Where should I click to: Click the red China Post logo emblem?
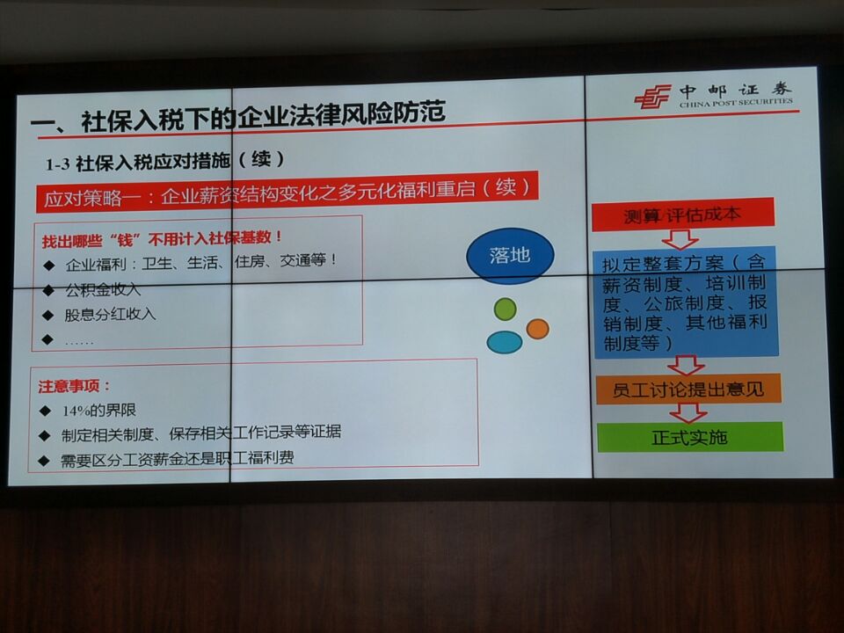(x=652, y=97)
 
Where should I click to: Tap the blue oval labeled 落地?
(x=509, y=256)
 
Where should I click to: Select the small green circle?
(x=505, y=309)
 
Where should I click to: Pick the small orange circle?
(x=537, y=328)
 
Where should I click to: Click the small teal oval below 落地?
(x=505, y=342)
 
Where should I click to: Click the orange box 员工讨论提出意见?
(x=688, y=389)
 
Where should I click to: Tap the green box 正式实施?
(x=690, y=437)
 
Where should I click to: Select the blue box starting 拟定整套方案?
(x=687, y=302)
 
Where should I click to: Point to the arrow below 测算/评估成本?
(x=680, y=239)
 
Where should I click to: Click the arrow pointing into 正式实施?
(x=688, y=413)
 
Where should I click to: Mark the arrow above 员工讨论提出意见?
(x=686, y=365)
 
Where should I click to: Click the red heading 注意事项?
(x=74, y=386)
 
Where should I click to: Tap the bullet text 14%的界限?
(x=99, y=411)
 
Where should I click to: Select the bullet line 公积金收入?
(x=103, y=290)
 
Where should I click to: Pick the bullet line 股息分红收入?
(x=111, y=315)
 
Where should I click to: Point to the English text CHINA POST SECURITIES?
(x=736, y=103)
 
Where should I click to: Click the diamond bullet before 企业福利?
(x=49, y=265)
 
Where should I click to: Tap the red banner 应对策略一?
(x=287, y=192)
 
